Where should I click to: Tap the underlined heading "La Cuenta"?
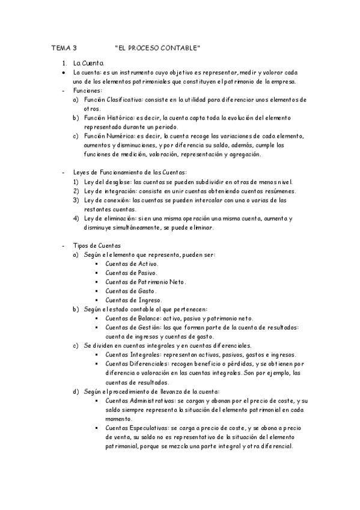88,63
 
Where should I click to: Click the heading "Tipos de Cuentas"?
96,245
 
